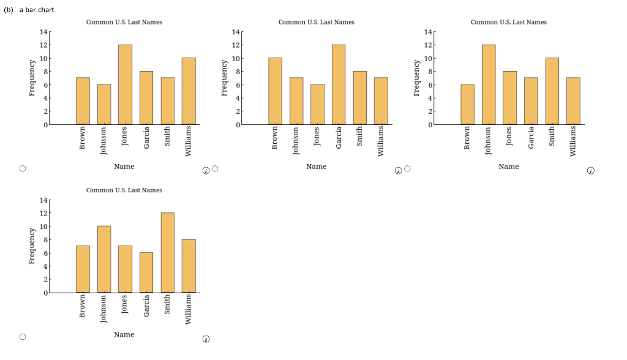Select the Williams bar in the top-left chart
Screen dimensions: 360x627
point(189,91)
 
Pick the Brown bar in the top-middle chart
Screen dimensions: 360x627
point(275,91)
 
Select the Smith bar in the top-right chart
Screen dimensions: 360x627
point(552,91)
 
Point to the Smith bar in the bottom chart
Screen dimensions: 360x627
point(167,253)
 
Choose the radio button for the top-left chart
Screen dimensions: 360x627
point(23,168)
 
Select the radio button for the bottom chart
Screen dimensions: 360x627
point(23,337)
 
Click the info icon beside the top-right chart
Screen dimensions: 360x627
point(590,171)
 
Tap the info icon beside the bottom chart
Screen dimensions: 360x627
point(206,339)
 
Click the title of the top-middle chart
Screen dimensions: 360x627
point(316,22)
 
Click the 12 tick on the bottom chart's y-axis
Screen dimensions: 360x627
point(43,213)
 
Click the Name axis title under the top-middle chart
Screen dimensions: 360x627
point(316,167)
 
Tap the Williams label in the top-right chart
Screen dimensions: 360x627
point(573,141)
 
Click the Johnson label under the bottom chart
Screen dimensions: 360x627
point(103,308)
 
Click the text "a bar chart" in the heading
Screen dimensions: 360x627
point(37,10)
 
